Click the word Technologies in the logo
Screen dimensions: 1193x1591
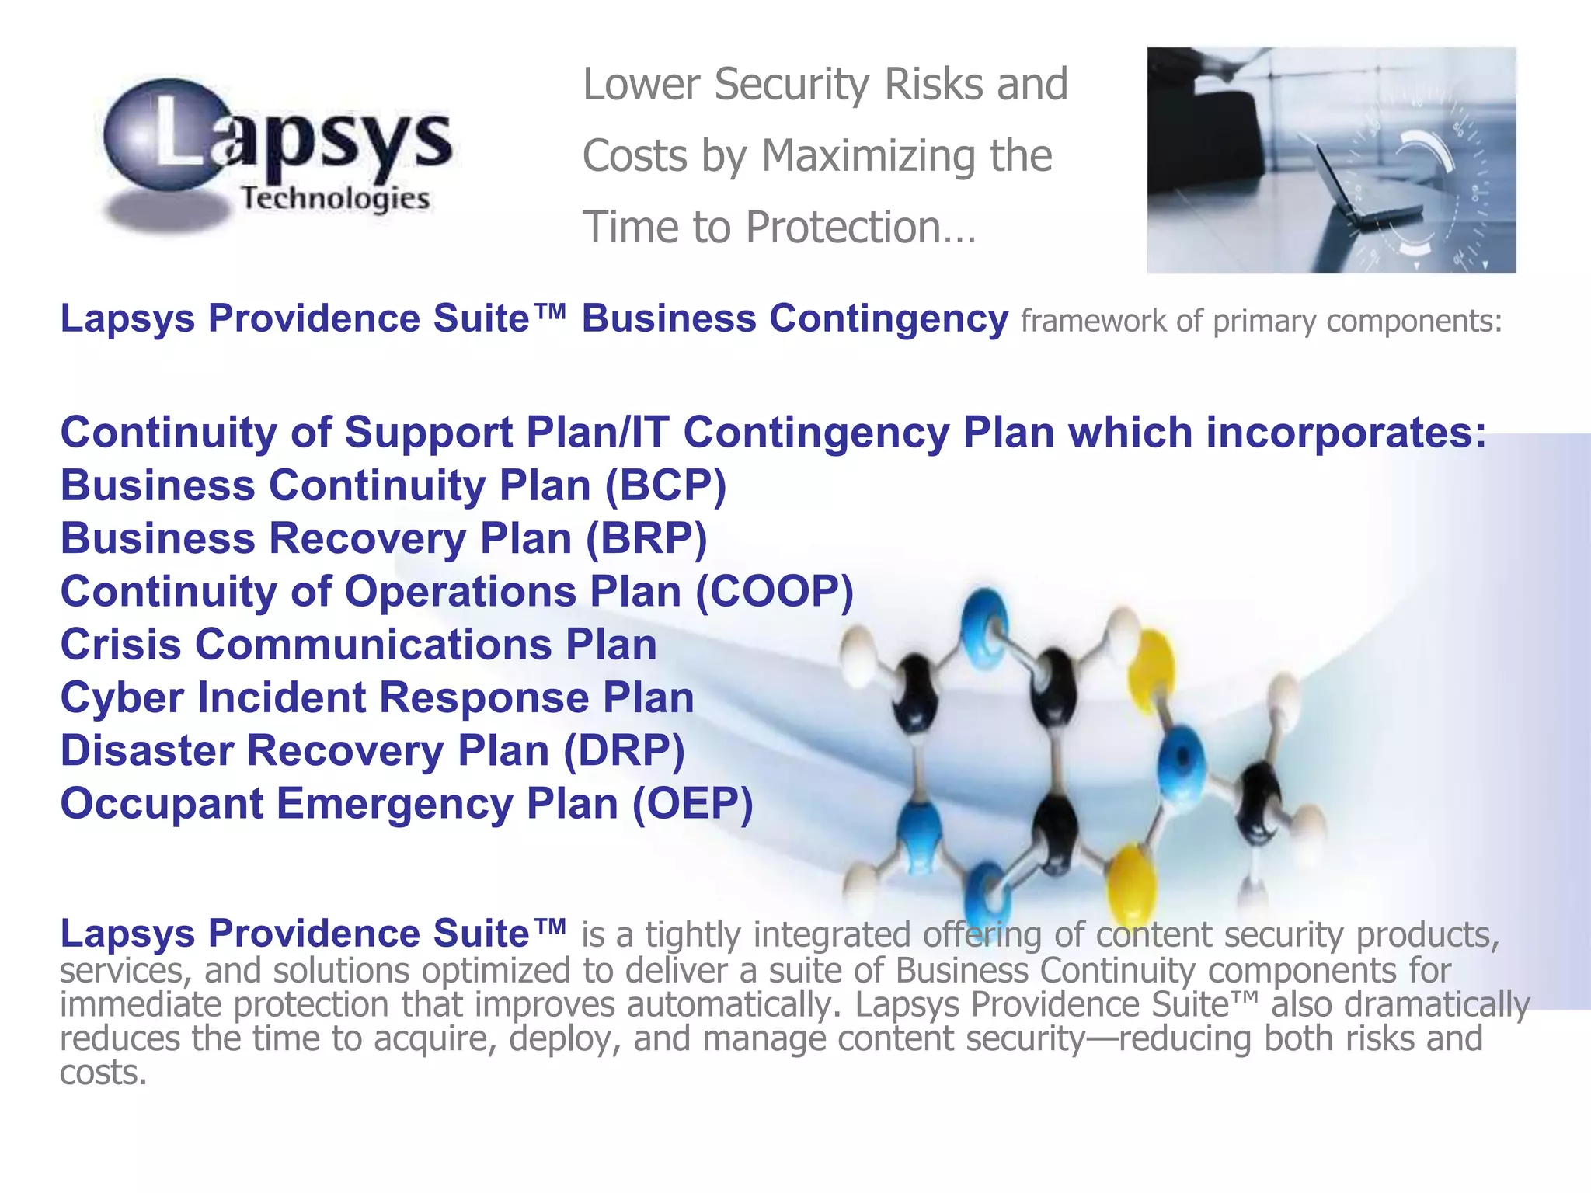point(335,199)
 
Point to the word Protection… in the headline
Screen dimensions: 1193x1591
point(860,228)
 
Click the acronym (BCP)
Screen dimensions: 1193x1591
point(665,486)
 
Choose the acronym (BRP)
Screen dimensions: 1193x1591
point(646,539)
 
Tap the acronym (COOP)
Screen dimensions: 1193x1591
point(775,592)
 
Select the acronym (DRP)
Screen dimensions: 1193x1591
point(624,751)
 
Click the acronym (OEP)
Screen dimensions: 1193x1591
point(692,804)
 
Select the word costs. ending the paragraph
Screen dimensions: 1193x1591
point(103,1073)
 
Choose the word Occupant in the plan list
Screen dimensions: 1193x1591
point(162,804)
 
